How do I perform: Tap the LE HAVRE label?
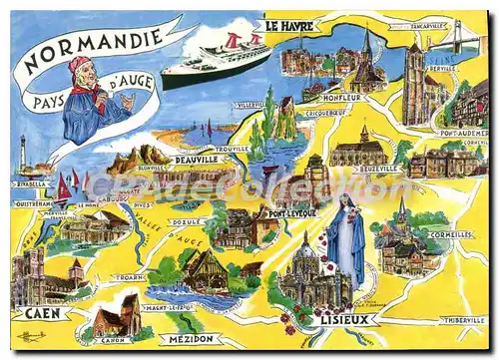click(x=288, y=25)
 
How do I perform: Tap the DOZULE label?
click(x=186, y=221)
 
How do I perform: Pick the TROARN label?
click(x=129, y=277)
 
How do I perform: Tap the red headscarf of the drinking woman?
click(x=79, y=66)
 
